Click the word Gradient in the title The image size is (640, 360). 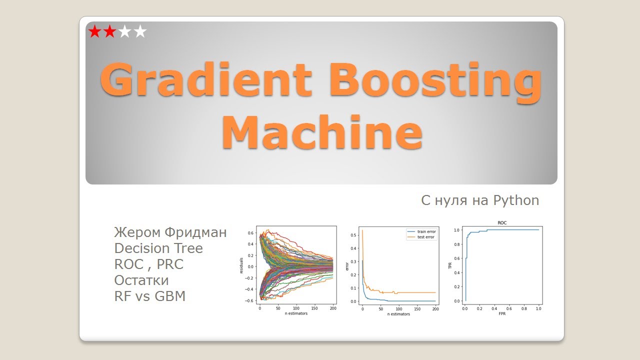(x=205, y=79)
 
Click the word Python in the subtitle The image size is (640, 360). (x=516, y=201)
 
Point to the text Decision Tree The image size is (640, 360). (x=158, y=248)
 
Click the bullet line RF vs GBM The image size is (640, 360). (x=150, y=296)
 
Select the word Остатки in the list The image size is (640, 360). (x=141, y=280)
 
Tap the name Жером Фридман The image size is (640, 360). (x=170, y=232)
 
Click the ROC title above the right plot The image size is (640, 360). (x=502, y=223)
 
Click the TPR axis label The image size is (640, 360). (x=450, y=265)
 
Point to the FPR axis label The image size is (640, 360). (x=502, y=313)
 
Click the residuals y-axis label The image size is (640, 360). (x=241, y=265)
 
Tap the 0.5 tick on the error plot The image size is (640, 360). (x=353, y=235)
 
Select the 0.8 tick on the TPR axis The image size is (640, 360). (x=456, y=244)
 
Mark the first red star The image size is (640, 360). (x=94, y=31)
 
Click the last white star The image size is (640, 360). (x=140, y=31)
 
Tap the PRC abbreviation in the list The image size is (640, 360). (x=170, y=264)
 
